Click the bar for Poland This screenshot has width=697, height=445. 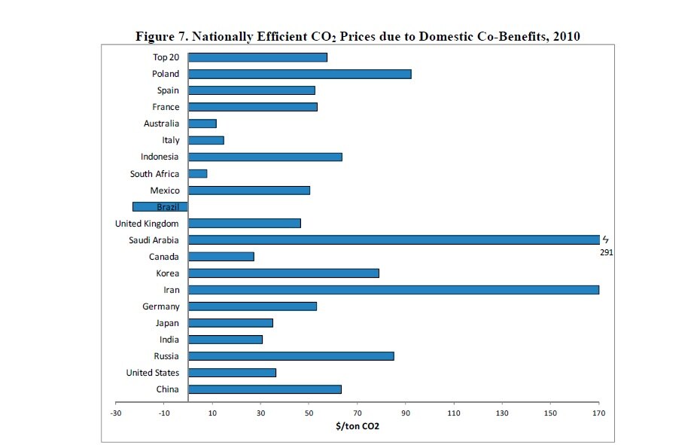point(300,74)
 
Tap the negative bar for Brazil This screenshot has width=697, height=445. point(160,207)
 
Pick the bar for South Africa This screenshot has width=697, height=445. point(197,174)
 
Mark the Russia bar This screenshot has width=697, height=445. point(291,356)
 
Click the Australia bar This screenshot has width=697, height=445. point(202,123)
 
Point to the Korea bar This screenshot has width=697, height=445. point(283,273)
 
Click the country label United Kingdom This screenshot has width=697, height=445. point(147,224)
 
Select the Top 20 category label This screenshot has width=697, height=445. point(166,57)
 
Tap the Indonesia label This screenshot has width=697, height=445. point(160,157)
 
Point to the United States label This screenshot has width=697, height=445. point(152,373)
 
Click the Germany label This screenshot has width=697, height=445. point(161,306)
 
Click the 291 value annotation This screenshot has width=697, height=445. point(607,253)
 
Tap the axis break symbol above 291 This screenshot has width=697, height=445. point(604,240)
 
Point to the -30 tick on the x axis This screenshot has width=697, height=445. point(116,413)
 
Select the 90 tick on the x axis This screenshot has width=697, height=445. point(406,413)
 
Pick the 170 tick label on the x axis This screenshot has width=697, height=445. point(598,413)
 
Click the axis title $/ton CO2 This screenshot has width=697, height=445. point(357,426)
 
